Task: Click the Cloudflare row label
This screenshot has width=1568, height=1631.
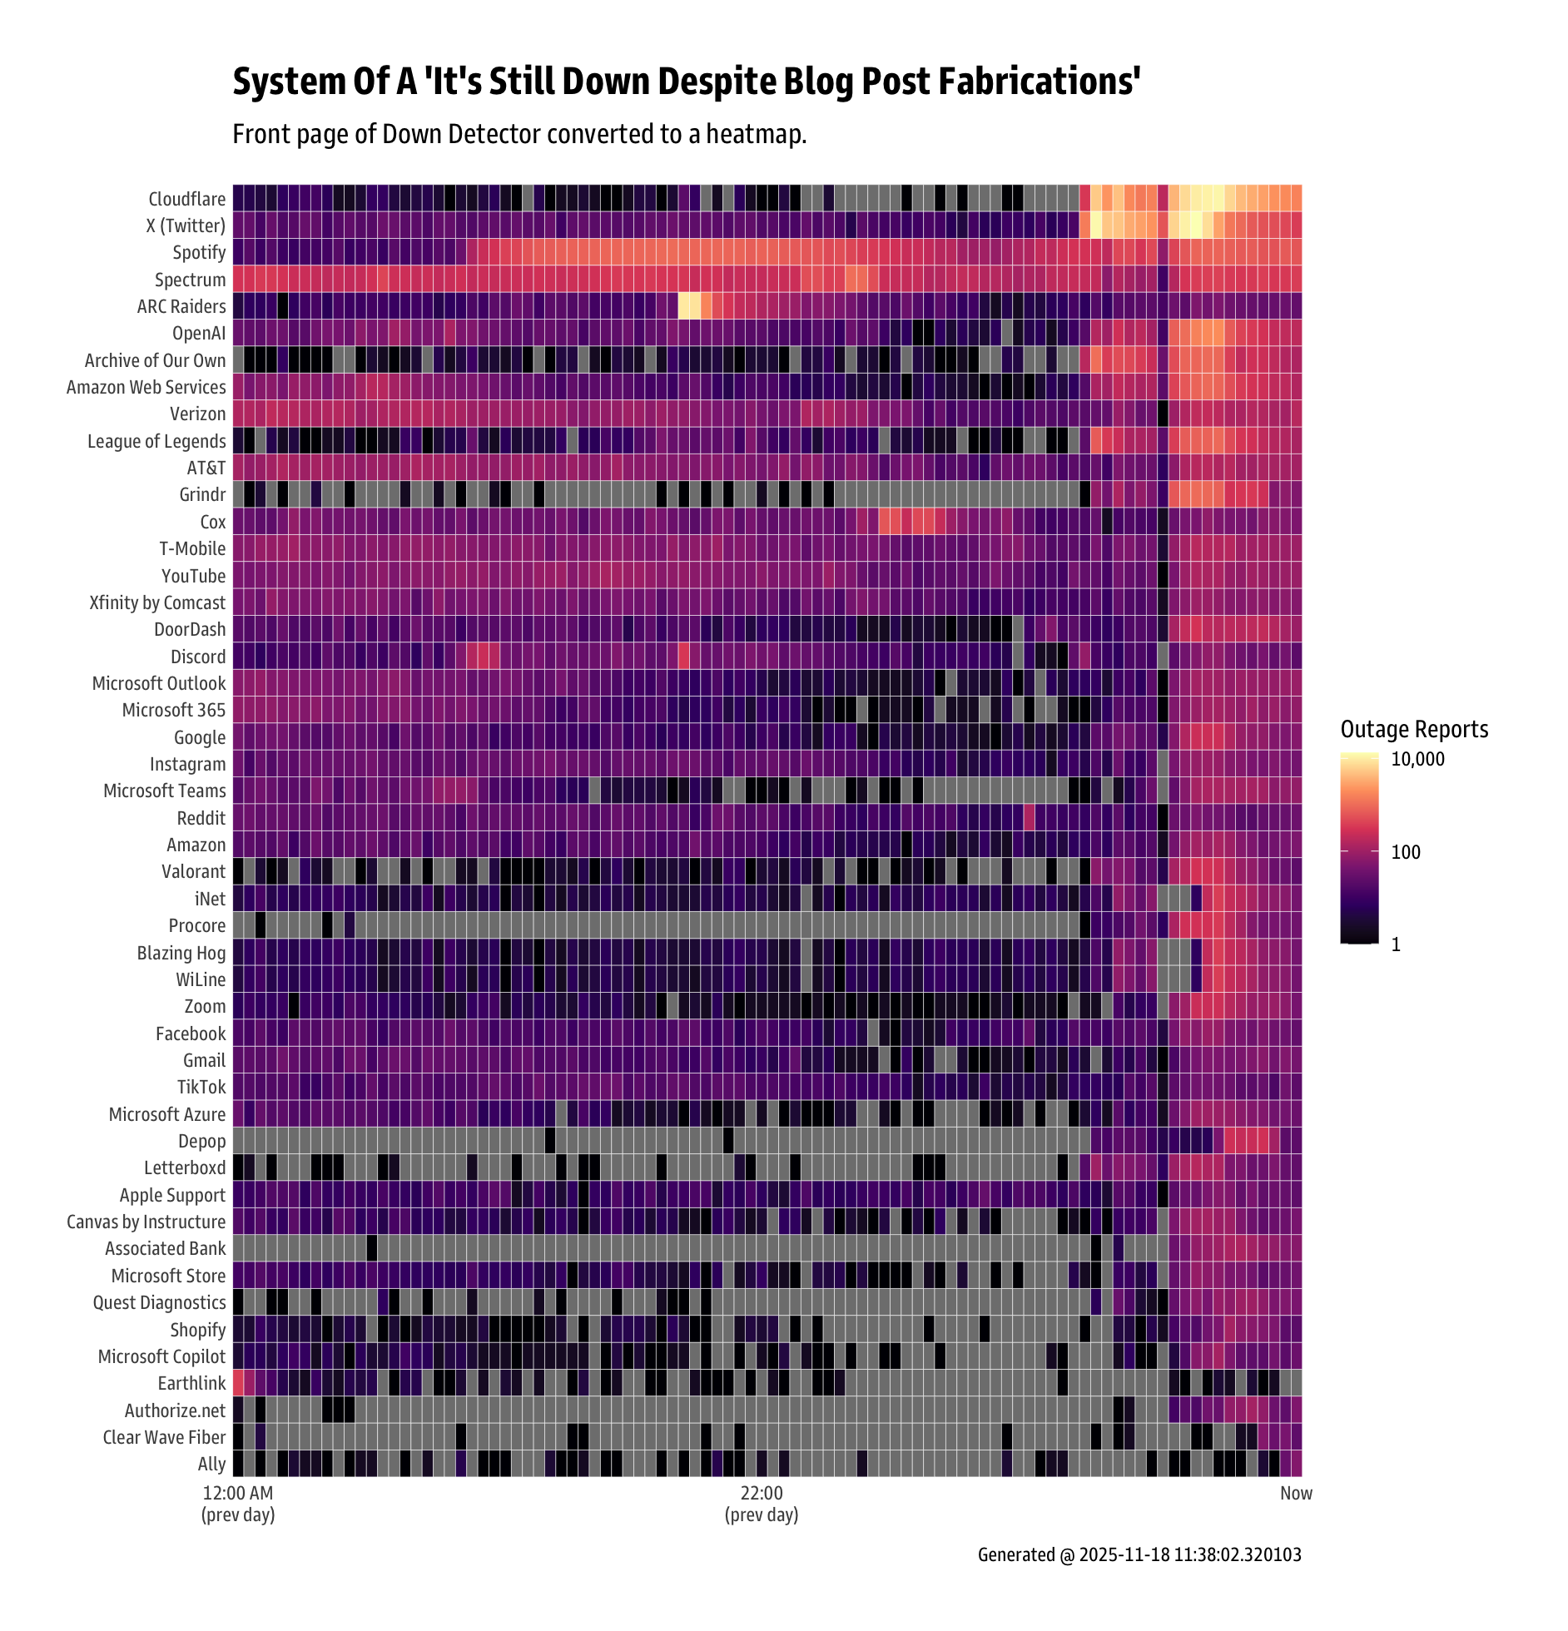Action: tap(186, 199)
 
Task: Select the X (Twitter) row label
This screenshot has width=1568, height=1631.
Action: tap(185, 226)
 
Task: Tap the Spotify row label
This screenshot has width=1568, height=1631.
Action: tap(199, 252)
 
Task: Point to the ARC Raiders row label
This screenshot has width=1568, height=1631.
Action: tap(181, 306)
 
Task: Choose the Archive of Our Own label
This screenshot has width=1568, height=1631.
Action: tap(155, 360)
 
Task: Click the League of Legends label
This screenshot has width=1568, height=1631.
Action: tap(156, 441)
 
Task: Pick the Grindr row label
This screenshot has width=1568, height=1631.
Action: tap(202, 494)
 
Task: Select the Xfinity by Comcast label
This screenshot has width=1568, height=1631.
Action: tap(157, 602)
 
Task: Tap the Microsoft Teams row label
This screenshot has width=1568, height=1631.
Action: tap(164, 791)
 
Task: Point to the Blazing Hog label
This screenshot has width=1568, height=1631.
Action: tap(181, 953)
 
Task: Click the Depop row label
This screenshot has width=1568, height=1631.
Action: tap(201, 1141)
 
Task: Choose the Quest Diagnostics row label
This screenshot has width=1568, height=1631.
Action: tap(159, 1302)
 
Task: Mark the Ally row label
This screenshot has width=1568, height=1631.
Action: tap(211, 1464)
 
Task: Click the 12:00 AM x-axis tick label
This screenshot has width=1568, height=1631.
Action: tap(238, 1493)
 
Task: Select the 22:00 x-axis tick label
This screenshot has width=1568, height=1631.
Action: tap(762, 1493)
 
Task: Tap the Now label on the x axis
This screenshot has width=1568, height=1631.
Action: tap(1296, 1493)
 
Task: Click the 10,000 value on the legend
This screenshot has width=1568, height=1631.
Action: tap(1417, 759)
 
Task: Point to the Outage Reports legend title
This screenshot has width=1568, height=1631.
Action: tap(1414, 729)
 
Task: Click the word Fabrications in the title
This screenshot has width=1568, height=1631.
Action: tap(1040, 82)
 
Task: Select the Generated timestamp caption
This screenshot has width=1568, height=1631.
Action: tap(1139, 1554)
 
